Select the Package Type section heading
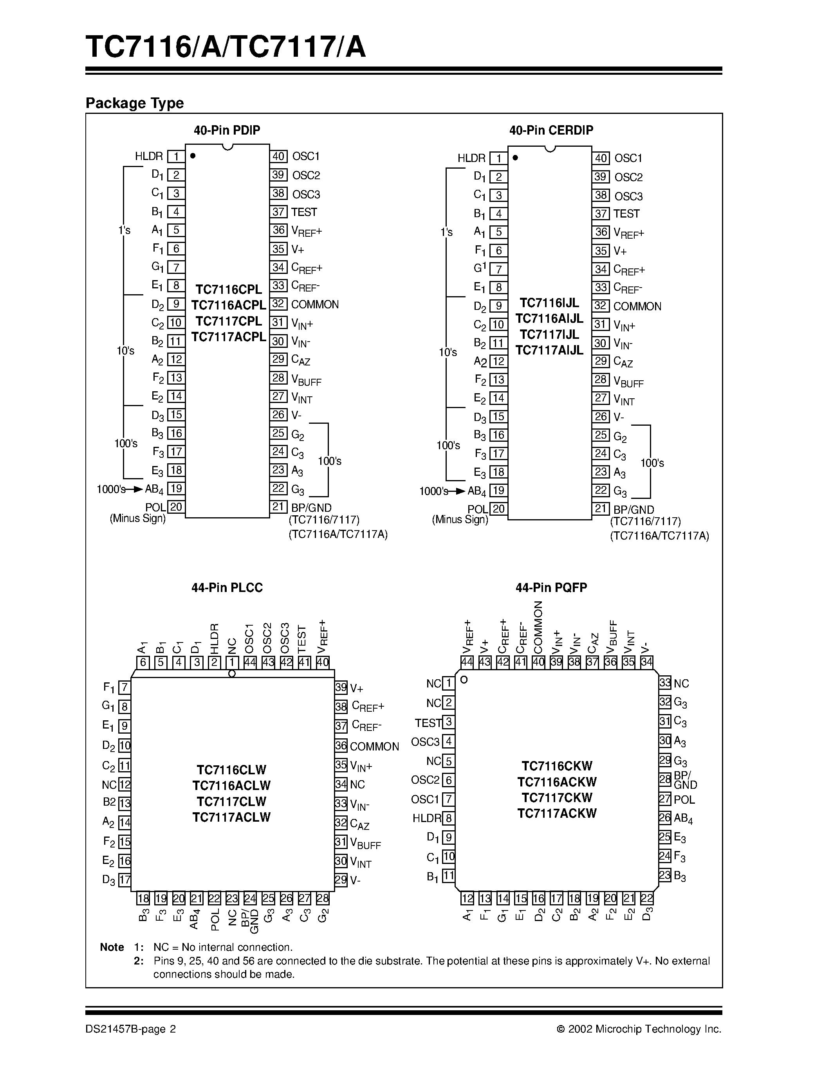[x=135, y=103]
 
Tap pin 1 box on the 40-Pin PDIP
[x=176, y=157]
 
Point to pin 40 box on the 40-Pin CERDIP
[x=601, y=158]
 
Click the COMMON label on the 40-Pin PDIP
[x=315, y=304]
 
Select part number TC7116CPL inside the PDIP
[x=229, y=289]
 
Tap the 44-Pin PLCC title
[x=227, y=587]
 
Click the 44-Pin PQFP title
[x=551, y=587]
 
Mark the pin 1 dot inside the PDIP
[x=193, y=156]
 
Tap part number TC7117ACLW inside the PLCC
[x=231, y=817]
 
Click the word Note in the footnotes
[x=112, y=947]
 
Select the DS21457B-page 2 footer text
[x=131, y=1029]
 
